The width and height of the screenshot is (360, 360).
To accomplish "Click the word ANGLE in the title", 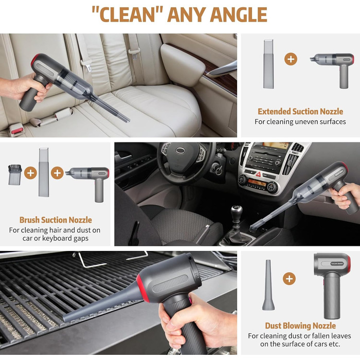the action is coord(238,14).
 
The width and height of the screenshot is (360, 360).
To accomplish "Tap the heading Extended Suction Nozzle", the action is coord(300,112).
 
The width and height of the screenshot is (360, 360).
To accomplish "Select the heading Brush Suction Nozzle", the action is coord(56,220).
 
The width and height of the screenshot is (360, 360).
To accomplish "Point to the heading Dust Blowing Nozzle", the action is coord(300,326).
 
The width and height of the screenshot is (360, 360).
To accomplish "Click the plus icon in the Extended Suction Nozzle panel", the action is coord(291,59).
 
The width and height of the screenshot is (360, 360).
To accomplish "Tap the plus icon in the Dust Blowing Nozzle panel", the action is coord(289,279).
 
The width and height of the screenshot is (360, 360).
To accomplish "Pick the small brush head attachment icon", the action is coord(15,175).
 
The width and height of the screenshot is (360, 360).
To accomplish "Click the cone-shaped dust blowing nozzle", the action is coord(268,285).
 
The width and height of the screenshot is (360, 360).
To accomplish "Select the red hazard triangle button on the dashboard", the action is coord(258,174).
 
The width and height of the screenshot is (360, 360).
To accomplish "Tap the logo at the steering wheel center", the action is coord(181,150).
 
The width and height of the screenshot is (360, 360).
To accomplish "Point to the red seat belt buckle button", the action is coord(17,131).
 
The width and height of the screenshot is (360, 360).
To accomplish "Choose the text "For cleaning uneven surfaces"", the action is coord(300,122).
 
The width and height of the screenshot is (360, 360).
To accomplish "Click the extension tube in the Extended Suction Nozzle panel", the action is coord(268,64).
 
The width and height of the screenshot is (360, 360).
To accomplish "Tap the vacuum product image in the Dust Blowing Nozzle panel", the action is coord(332,285).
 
